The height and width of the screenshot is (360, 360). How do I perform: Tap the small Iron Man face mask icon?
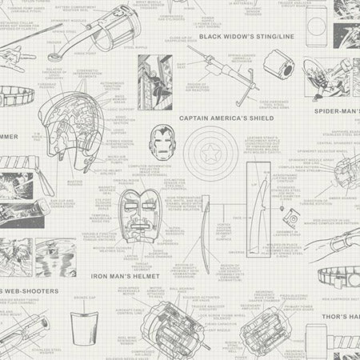161,142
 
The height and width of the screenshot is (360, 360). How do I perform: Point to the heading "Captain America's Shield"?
226,118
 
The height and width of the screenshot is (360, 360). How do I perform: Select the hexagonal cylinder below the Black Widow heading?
279,64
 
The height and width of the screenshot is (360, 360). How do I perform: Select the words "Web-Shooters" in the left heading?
32,290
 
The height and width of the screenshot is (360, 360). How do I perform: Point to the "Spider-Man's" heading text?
335,110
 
